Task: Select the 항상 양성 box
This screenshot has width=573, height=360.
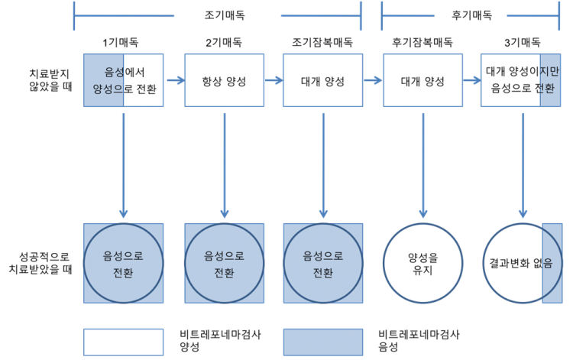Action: (224, 81)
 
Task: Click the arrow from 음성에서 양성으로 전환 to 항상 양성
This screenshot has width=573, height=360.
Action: (174, 81)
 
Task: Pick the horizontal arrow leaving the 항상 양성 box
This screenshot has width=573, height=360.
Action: (274, 81)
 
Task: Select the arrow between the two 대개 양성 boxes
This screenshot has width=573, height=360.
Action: (373, 81)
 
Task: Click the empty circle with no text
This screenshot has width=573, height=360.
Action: (422, 263)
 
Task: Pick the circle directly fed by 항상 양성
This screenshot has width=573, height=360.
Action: (225, 263)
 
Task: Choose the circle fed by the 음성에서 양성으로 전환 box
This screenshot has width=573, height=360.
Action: (124, 263)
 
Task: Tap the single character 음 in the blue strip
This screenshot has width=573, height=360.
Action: (548, 264)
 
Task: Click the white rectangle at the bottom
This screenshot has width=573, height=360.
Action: (124, 342)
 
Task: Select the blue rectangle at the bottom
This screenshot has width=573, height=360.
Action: (322, 342)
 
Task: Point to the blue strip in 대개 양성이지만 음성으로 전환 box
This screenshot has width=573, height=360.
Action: (549, 81)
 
